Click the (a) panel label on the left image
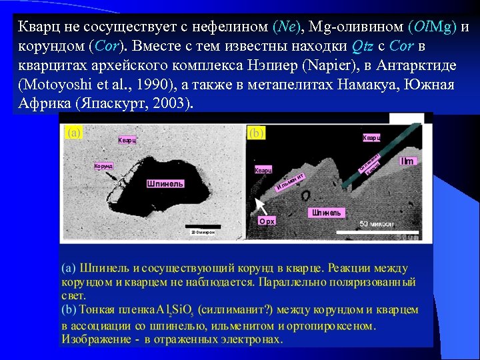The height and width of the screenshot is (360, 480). click(x=73, y=133)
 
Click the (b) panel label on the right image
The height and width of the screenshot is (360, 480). click(x=256, y=133)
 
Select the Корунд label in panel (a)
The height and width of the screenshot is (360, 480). click(x=103, y=165)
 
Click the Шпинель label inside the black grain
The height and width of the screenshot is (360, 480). click(x=165, y=183)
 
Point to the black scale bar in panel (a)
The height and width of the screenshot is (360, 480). click(x=201, y=226)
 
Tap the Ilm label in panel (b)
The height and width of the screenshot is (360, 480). click(x=407, y=161)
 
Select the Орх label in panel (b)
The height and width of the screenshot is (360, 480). click(x=267, y=220)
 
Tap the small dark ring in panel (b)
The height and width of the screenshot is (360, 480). click(x=305, y=196)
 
